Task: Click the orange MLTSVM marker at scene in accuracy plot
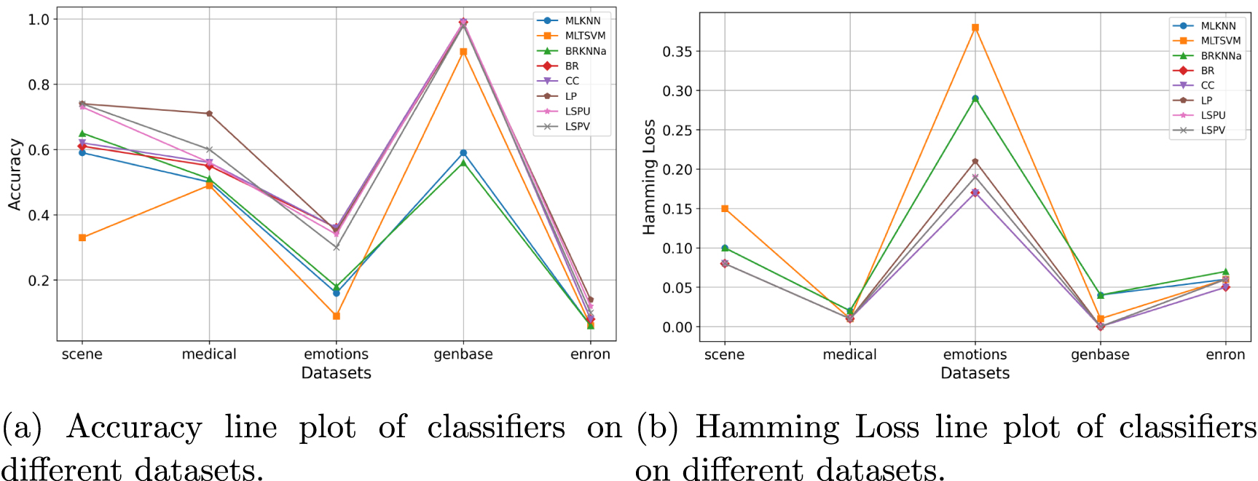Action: pyautogui.click(x=82, y=238)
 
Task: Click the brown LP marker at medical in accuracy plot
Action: pyautogui.click(x=209, y=114)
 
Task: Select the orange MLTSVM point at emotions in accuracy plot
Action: pyautogui.click(x=336, y=316)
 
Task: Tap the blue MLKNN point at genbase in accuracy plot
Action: pyautogui.click(x=463, y=153)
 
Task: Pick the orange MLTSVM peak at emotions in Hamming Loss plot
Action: pyautogui.click(x=975, y=28)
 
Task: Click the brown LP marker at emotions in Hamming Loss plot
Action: pyautogui.click(x=975, y=162)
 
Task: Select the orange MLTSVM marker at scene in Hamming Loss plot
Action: pyautogui.click(x=725, y=209)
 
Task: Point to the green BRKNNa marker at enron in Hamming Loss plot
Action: pyautogui.click(x=1225, y=272)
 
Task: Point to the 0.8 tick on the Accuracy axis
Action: pyautogui.click(x=39, y=85)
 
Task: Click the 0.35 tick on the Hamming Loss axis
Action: pyautogui.click(x=677, y=52)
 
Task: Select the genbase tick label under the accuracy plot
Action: pyautogui.click(x=463, y=354)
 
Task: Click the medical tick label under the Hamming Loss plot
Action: pyautogui.click(x=849, y=355)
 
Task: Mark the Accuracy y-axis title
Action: pyautogui.click(x=15, y=175)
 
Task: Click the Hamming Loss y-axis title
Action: pyautogui.click(x=649, y=177)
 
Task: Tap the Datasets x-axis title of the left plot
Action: pyautogui.click(x=336, y=373)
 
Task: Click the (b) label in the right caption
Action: pyautogui.click(x=657, y=428)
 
